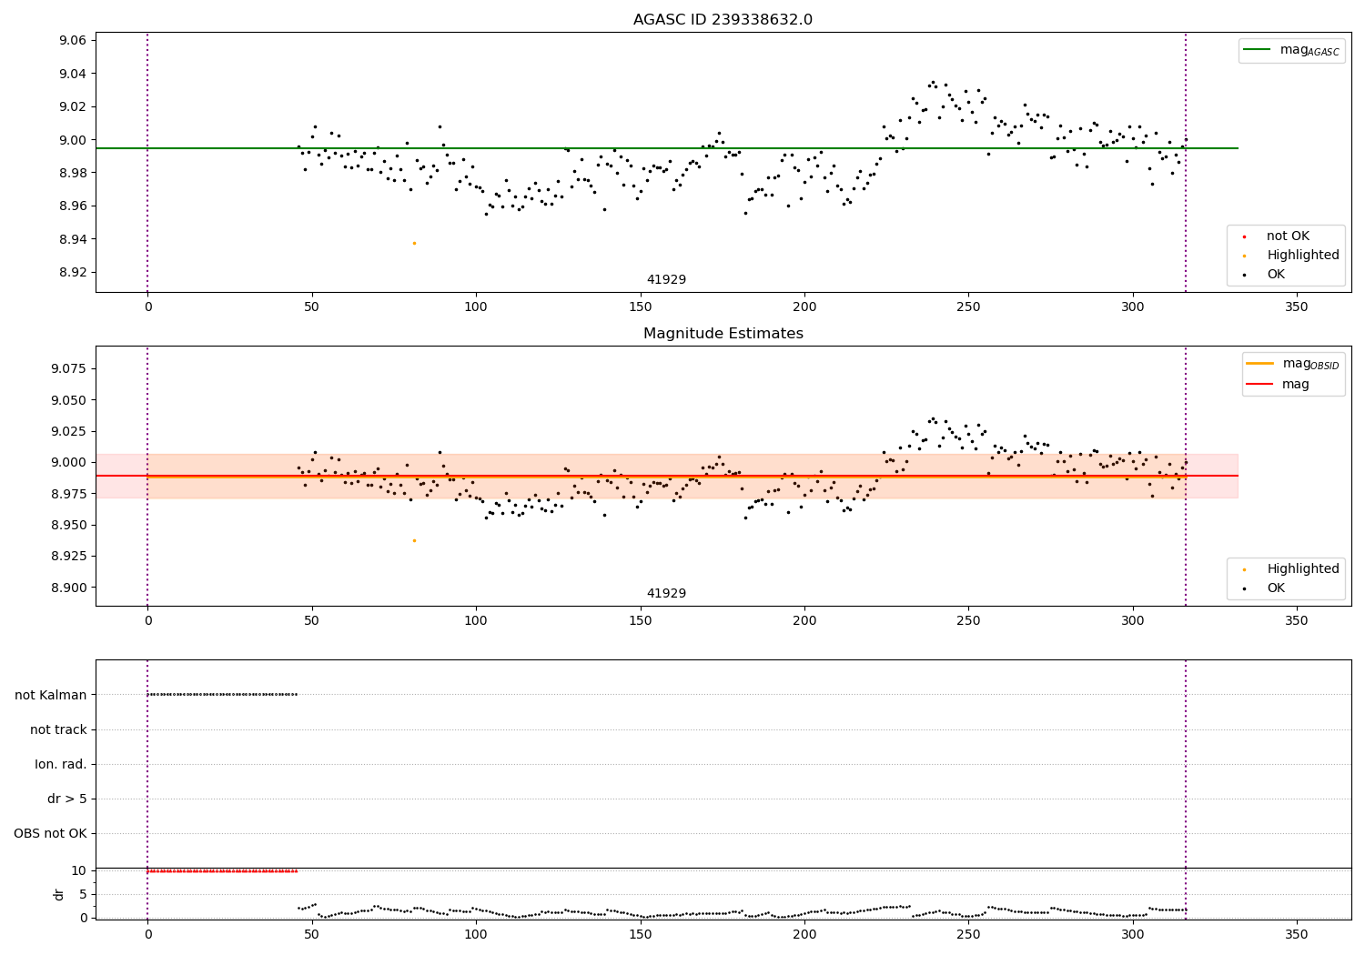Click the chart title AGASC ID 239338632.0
coord(723,20)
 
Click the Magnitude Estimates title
coord(723,334)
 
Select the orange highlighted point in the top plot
coord(414,243)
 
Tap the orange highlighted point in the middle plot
coord(414,540)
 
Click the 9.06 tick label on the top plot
coord(73,41)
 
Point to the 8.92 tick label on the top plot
coord(73,273)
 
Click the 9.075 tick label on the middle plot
coord(69,368)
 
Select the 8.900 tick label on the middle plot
coord(69,588)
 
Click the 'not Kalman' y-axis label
coord(51,695)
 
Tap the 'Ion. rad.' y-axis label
coord(61,765)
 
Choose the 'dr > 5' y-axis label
coord(67,799)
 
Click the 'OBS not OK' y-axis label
coord(51,834)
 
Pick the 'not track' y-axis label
coord(58,729)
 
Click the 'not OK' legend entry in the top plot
coord(1288,236)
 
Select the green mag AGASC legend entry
coord(1292,50)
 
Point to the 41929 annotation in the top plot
coord(666,280)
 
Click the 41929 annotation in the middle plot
coord(666,594)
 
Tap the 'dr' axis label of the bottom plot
coord(59,894)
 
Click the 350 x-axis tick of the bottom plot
coord(1296,934)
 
